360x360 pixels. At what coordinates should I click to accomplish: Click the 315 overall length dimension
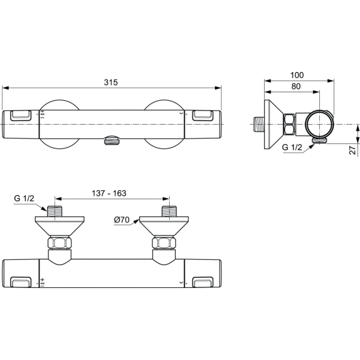(x=111, y=82)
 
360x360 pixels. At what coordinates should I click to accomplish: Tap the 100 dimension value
(x=297, y=75)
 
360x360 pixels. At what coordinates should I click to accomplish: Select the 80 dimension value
(x=296, y=86)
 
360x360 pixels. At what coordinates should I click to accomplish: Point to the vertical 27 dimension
(x=353, y=149)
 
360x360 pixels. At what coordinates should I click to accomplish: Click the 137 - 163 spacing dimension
(x=109, y=193)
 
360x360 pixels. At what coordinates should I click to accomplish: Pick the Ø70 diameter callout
(x=122, y=220)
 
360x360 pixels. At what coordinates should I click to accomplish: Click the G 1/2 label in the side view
(x=292, y=147)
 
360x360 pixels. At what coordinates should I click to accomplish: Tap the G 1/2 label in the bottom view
(x=24, y=198)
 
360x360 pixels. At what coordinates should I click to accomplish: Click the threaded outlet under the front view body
(x=112, y=140)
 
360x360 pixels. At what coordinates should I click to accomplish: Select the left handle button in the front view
(x=20, y=115)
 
